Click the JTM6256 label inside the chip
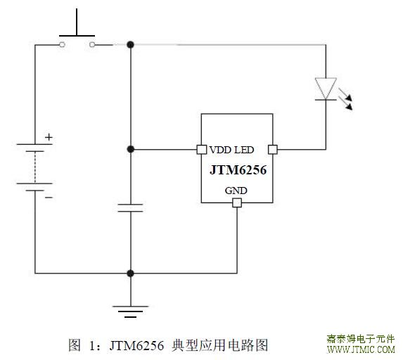pos(238,170)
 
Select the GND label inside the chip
pos(236,191)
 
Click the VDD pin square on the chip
pos(202,150)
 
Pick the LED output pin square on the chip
pos(273,150)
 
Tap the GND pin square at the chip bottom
pos(237,202)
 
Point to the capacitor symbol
pos(130,208)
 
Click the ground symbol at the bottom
pos(130,311)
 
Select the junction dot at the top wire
pos(131,45)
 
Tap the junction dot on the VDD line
pos(131,149)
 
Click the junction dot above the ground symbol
pos(131,273)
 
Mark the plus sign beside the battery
pos(49,138)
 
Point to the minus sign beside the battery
pos(49,198)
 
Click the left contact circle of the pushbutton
pos(62,45)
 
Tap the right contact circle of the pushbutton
pos(92,45)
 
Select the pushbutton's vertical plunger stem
pos(77,22)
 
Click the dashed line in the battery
pos(35,167)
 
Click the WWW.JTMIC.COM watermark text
pos(361,349)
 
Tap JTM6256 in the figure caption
pos(136,346)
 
